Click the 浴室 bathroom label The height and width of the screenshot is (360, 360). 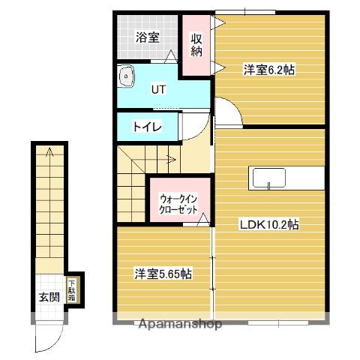tap(147, 37)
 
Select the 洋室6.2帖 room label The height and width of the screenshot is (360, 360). tap(268, 70)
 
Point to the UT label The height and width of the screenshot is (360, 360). tap(158, 89)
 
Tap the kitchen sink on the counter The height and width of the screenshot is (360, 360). tap(268, 178)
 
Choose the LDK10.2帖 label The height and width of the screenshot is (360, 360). tap(269, 224)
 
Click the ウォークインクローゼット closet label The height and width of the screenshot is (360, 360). tap(178, 205)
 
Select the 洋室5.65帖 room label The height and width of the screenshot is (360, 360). tap(163, 274)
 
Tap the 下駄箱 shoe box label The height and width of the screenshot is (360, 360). tap(72, 289)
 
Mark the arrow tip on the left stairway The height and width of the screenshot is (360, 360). tap(49, 152)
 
